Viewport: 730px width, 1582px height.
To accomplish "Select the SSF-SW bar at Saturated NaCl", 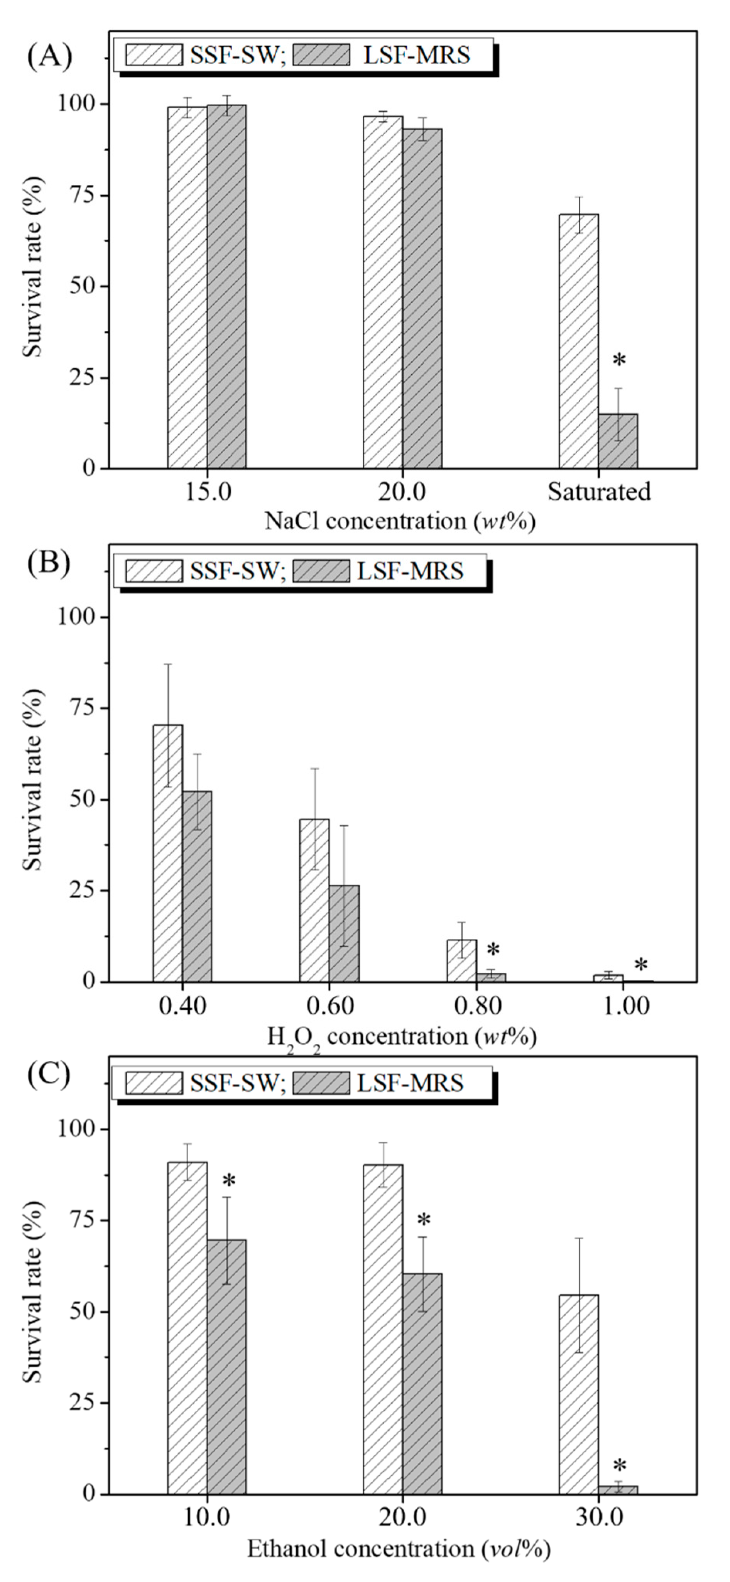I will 578,341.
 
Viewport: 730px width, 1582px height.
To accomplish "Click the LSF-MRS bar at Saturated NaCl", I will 618,441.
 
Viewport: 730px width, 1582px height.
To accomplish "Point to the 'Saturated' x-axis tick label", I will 598,492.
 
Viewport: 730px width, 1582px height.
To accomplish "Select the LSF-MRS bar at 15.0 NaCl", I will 226,286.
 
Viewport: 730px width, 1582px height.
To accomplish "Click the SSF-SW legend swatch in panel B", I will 154,571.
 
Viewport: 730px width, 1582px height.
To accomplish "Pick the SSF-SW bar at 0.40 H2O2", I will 167,853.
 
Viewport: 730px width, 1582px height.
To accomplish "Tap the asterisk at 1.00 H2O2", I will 640,965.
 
